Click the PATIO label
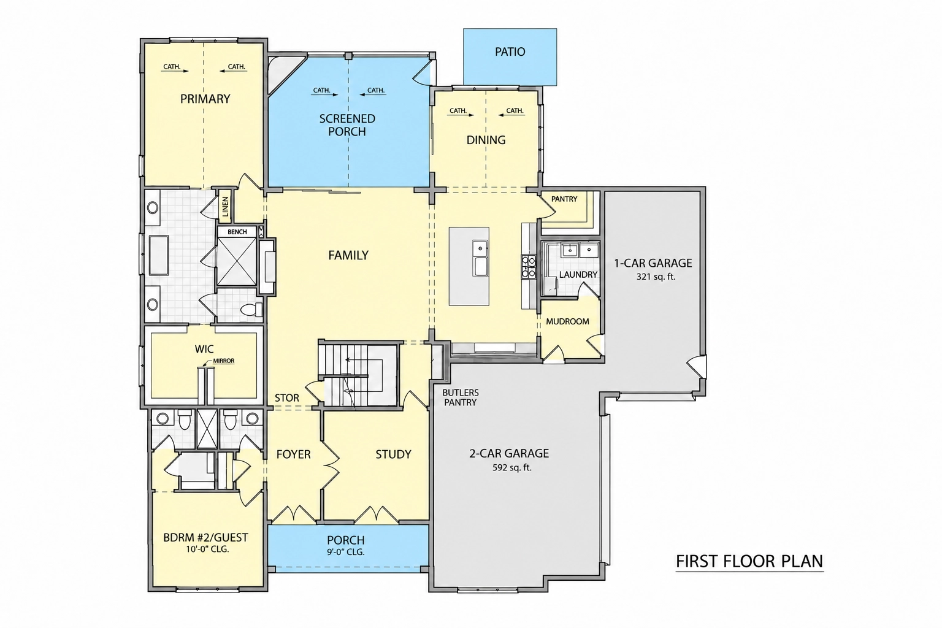coord(510,52)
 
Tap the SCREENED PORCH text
coord(347,125)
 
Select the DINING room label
coord(486,140)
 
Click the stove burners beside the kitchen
coord(529,267)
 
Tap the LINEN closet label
coord(226,207)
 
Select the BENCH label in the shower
coord(237,232)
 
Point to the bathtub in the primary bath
coord(157,256)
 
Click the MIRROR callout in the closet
coord(223,361)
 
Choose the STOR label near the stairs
coord(287,398)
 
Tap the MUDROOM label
coord(567,322)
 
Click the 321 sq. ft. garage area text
coord(656,277)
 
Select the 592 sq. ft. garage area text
coord(512,467)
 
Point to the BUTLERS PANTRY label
coord(460,397)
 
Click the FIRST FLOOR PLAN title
coord(749,562)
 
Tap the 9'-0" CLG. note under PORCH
coord(346,553)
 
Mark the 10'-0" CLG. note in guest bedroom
coord(207,549)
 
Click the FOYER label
coord(294,454)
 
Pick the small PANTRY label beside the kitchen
coord(564,199)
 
